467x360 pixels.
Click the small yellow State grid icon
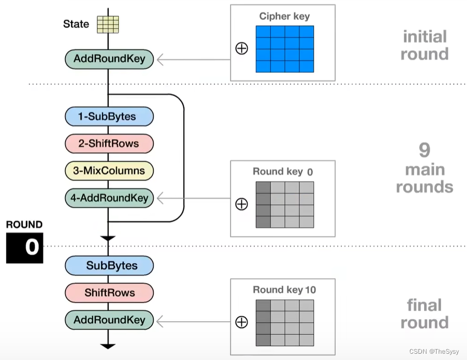108,25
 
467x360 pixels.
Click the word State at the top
76,24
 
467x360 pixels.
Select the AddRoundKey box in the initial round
109,59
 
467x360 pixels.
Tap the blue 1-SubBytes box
109,117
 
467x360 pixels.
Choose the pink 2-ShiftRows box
109,143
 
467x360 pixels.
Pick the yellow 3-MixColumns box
109,171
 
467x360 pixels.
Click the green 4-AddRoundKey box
109,198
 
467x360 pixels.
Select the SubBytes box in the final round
109,266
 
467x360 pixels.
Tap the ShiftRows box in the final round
109,292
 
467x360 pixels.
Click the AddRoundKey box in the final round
109,320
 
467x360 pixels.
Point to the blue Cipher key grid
285,49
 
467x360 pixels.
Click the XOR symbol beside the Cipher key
241,49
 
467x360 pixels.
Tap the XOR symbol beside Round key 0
241,204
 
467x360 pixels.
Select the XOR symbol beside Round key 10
241,322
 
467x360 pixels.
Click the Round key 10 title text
284,289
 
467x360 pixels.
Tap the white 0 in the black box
31,247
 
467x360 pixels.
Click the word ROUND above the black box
24,224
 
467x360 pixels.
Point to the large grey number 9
425,151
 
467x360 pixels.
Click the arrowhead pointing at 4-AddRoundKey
160,198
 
